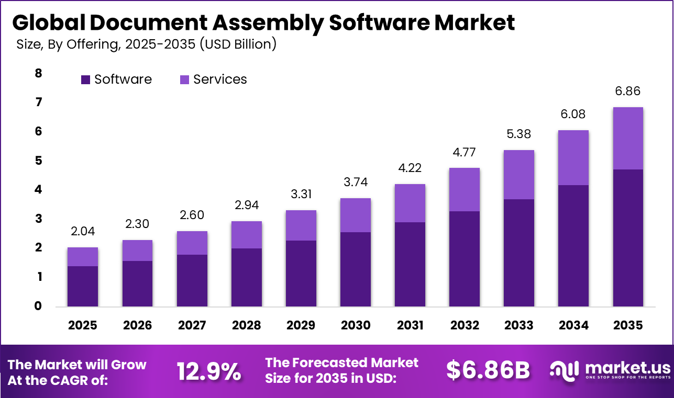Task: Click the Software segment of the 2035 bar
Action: pyautogui.click(x=628, y=237)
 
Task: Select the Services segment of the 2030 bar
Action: pyautogui.click(x=356, y=215)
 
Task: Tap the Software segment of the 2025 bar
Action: pyautogui.click(x=83, y=286)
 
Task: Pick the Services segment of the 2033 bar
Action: pyautogui.click(x=519, y=175)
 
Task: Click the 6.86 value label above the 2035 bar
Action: pyautogui.click(x=628, y=92)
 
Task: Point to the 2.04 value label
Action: pyautogui.click(x=83, y=231)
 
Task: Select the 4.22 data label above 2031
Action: pyautogui.click(x=410, y=168)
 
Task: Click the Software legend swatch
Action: pyautogui.click(x=86, y=79)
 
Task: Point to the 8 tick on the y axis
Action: pyautogui.click(x=38, y=73)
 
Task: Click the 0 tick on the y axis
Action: pyautogui.click(x=38, y=306)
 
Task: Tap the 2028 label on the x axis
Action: pyautogui.click(x=246, y=325)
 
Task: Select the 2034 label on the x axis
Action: pyautogui.click(x=573, y=325)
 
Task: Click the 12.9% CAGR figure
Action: pyautogui.click(x=209, y=371)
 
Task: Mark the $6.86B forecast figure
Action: pyautogui.click(x=488, y=370)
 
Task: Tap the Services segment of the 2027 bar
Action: pyautogui.click(x=192, y=243)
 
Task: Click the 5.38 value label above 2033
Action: pyautogui.click(x=519, y=134)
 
